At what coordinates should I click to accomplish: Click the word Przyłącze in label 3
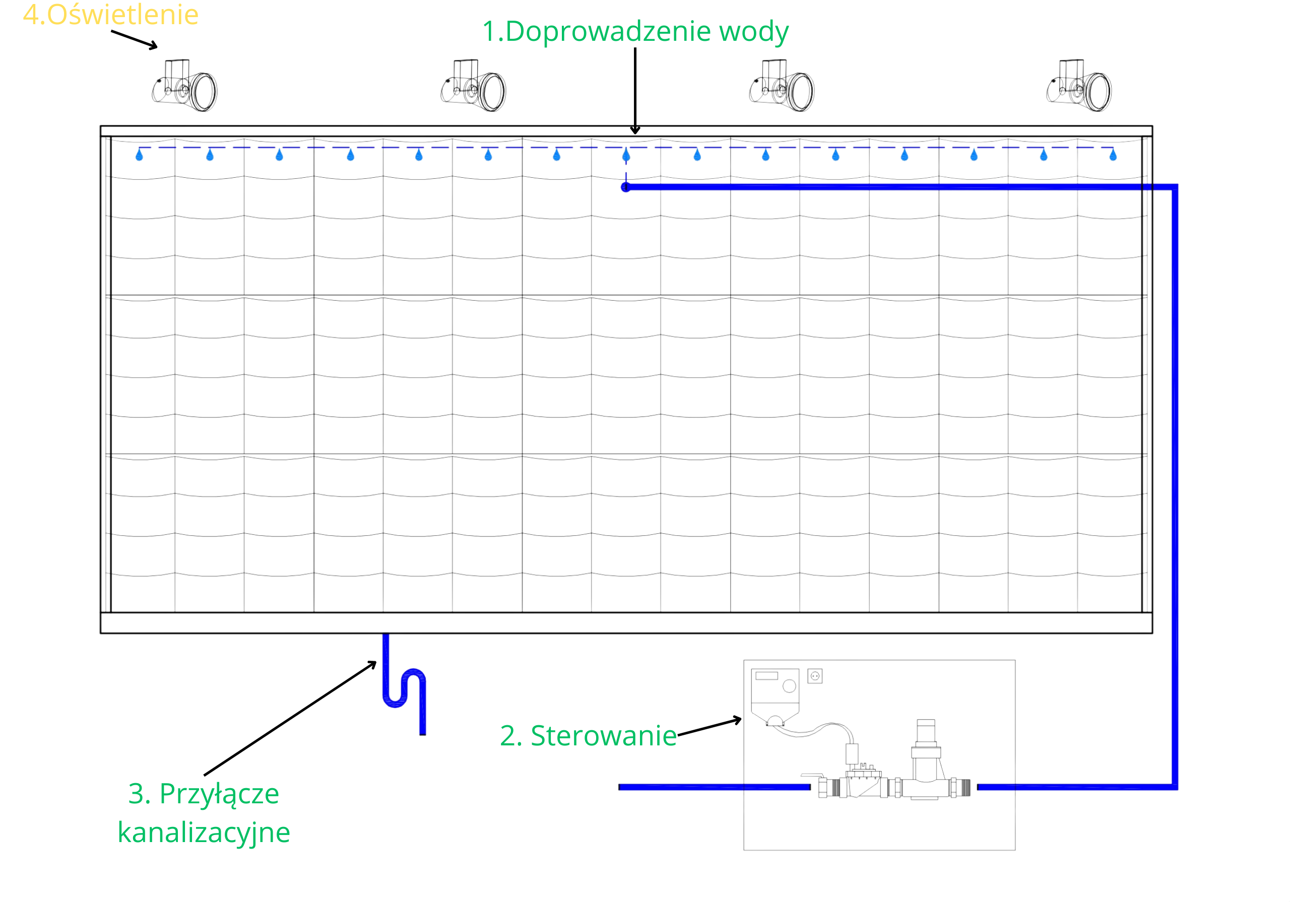(219, 795)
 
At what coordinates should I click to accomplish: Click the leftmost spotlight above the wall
(185, 86)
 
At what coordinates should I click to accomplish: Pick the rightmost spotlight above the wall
(1079, 86)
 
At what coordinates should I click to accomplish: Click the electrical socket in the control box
(815, 676)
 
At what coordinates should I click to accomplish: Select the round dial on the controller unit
(790, 686)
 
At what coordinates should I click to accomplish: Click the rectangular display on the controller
(766, 676)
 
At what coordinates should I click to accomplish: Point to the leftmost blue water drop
(140, 155)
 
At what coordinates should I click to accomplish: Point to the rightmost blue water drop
(1113, 155)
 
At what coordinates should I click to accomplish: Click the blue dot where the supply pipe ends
(626, 187)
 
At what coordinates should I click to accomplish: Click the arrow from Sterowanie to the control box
(709, 727)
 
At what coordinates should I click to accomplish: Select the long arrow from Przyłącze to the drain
(290, 719)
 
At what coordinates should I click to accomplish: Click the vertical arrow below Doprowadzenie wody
(635, 91)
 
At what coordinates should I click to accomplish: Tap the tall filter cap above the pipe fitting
(926, 731)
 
